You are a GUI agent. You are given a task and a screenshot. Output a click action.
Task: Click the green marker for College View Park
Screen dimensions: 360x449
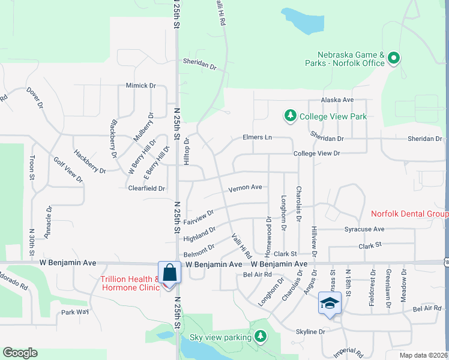[290, 115]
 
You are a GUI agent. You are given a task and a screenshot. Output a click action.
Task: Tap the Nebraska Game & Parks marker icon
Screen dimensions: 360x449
[394, 58]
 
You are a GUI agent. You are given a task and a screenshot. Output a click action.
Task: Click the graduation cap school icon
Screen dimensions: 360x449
[330, 303]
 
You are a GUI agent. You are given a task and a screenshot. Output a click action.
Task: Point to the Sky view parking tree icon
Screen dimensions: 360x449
[260, 337]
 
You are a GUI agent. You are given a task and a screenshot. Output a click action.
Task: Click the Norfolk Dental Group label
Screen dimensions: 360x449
[409, 214]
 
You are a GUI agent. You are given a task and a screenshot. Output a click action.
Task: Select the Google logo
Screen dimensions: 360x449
[20, 353]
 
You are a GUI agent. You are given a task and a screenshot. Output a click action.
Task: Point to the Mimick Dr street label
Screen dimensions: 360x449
[140, 86]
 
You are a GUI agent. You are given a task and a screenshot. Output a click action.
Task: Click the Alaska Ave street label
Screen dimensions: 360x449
[337, 100]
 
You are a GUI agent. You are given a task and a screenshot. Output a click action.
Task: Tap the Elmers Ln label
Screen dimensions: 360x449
[257, 137]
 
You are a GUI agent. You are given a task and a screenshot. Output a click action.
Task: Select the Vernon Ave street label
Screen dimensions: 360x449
[245, 188]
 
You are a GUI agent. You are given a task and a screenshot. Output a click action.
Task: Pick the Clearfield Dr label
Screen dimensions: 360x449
[146, 188]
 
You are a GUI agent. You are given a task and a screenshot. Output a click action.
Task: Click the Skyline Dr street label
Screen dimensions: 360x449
[310, 331]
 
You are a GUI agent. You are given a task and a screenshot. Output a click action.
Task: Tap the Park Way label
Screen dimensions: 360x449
[74, 313]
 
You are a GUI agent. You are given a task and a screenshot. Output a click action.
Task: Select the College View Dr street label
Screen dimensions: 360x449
[316, 154]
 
